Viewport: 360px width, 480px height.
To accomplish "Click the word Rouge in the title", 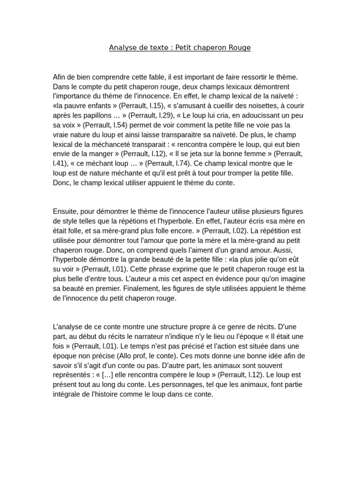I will point(240,47).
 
